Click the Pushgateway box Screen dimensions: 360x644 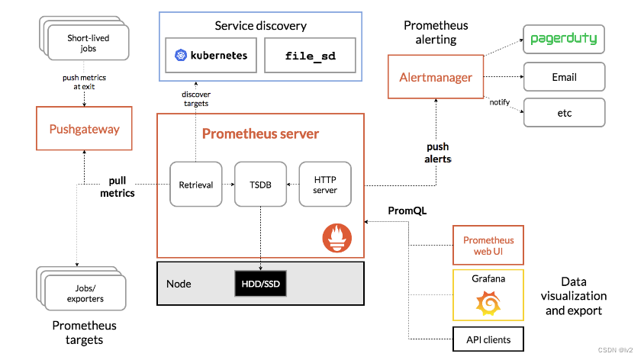(84, 129)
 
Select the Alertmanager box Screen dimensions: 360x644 (436, 77)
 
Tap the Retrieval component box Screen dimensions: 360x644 (195, 184)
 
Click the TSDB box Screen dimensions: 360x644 (260, 184)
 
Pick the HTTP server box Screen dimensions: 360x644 (325, 184)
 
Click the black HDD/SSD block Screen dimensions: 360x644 (261, 284)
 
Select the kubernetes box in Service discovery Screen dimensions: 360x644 (210, 56)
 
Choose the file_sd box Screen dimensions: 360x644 (310, 56)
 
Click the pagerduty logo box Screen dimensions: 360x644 (564, 38)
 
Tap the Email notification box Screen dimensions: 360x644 (564, 77)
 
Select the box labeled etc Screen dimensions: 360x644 (564, 113)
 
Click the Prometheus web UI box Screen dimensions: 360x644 (488, 246)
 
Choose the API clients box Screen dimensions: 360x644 (488, 339)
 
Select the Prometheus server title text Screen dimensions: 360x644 (260, 134)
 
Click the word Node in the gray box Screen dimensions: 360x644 (179, 284)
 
